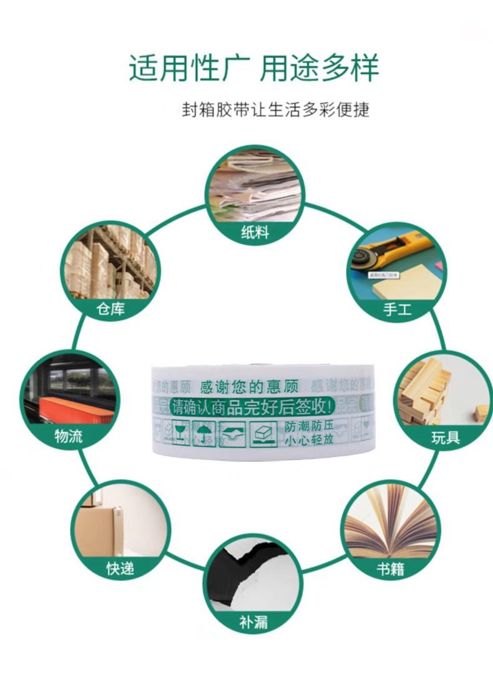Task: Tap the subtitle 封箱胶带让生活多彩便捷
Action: [275, 110]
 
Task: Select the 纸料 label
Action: [255, 232]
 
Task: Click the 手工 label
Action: [397, 309]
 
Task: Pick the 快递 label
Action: [120, 569]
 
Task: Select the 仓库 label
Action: [110, 309]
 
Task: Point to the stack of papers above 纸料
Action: [255, 185]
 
